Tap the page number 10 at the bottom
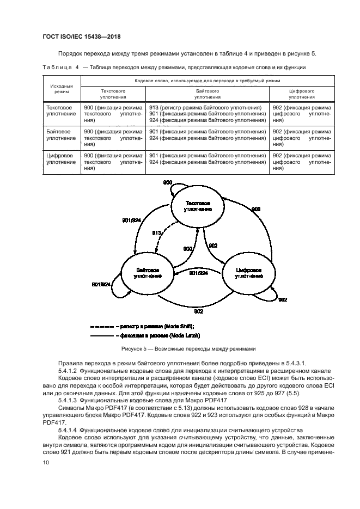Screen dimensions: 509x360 [46, 463]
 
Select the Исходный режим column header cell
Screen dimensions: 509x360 [62, 89]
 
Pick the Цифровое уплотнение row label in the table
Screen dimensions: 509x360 [62, 159]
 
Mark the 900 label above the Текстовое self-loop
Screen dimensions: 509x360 [168, 182]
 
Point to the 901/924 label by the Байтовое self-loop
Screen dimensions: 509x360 [101, 284]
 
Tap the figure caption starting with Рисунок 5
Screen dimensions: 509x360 [180, 349]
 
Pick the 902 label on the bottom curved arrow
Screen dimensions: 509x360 [198, 311]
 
